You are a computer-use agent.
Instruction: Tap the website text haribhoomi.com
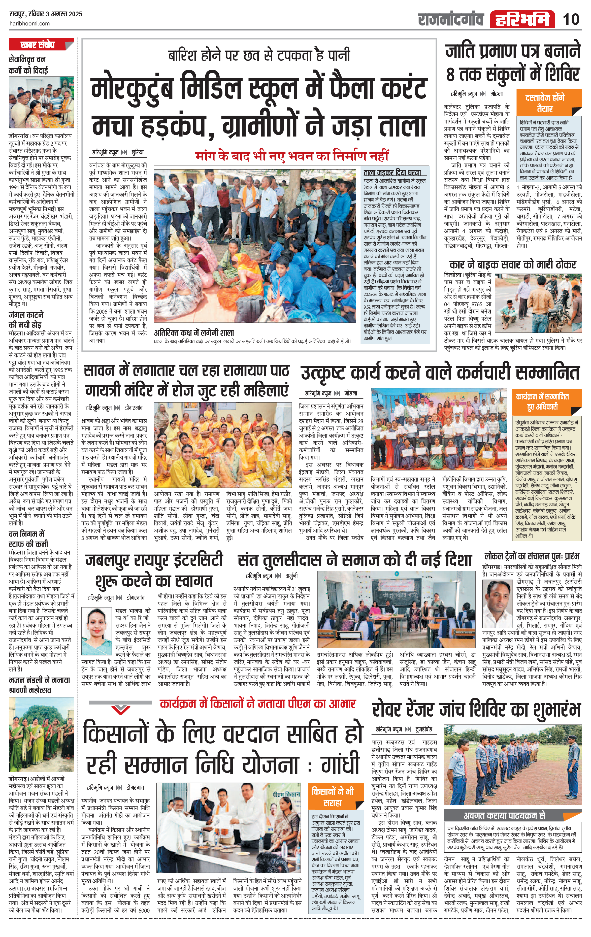coord(29,23)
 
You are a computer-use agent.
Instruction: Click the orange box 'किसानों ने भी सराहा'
coord(332,796)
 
